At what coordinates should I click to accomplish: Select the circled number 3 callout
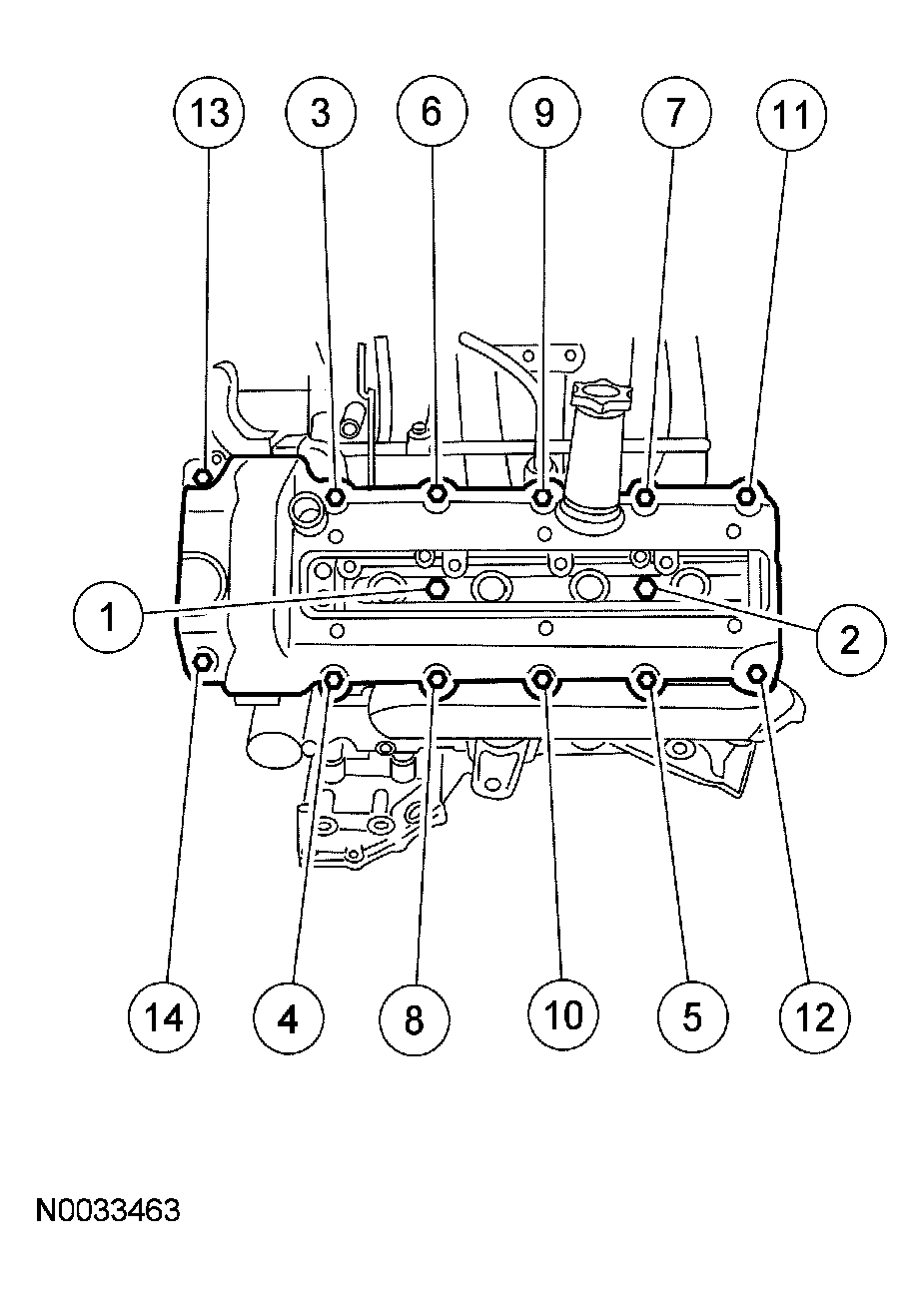320,113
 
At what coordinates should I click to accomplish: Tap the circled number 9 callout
543,113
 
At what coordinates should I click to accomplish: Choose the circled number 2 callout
848,638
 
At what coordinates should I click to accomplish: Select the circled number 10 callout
563,1015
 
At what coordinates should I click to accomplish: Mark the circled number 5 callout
691,1017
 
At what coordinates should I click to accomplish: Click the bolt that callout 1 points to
436,588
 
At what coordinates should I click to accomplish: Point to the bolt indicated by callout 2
645,587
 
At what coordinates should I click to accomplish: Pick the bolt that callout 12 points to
758,674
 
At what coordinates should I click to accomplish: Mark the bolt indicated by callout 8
437,680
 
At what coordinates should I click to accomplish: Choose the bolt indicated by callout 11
747,494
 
